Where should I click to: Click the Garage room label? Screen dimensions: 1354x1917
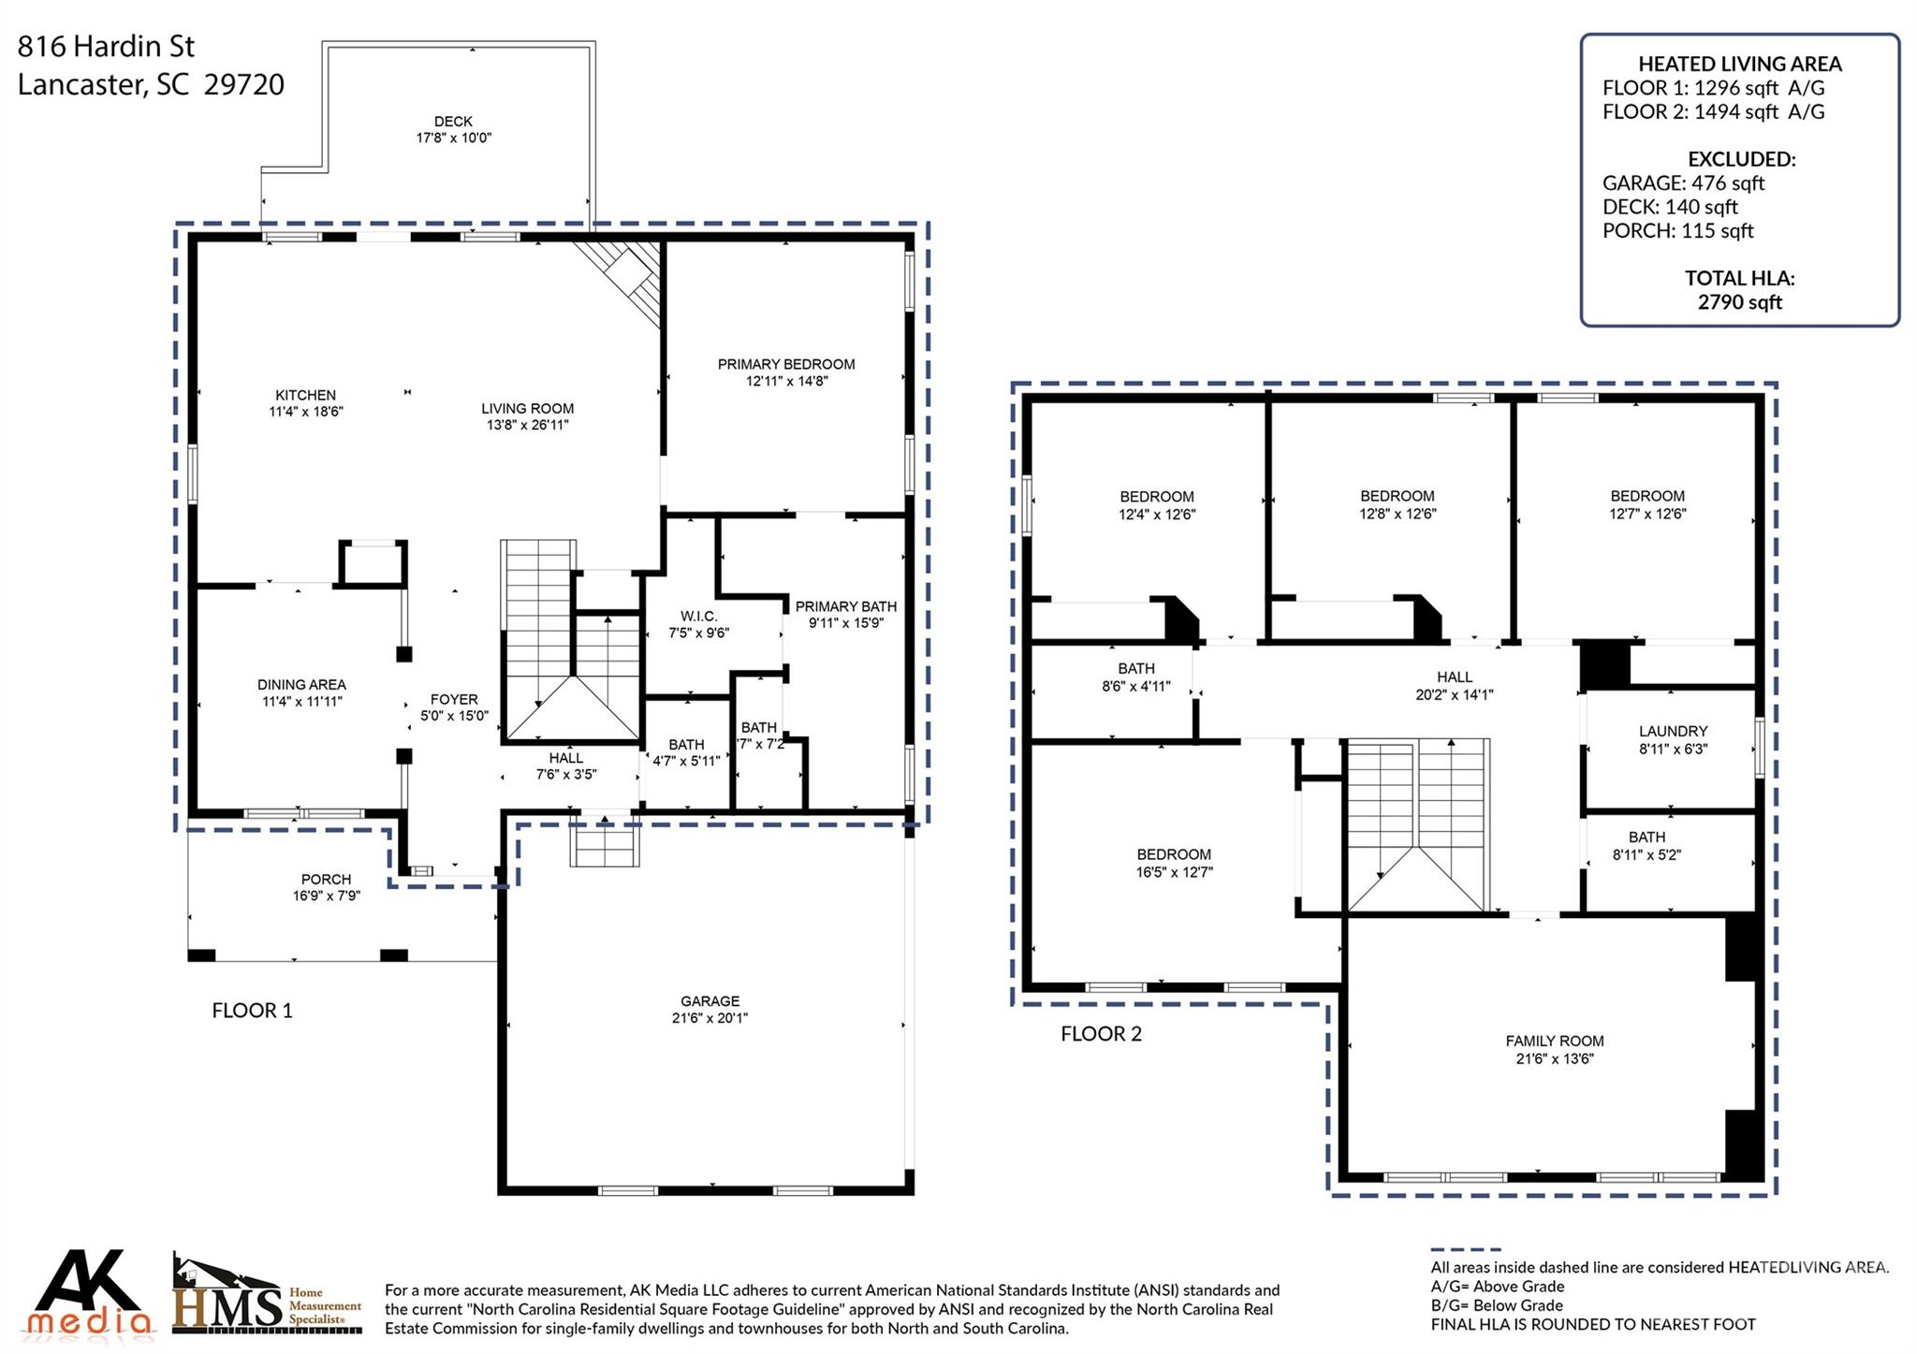(x=710, y=1001)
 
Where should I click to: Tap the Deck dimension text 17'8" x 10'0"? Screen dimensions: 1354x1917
(x=453, y=138)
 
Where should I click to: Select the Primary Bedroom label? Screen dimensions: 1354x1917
(x=785, y=364)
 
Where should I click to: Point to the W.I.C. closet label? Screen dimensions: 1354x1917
(x=698, y=616)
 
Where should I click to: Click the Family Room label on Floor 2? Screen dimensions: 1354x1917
(x=1554, y=1041)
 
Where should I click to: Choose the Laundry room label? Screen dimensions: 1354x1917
(x=1673, y=731)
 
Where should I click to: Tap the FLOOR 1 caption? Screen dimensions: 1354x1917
(x=252, y=1011)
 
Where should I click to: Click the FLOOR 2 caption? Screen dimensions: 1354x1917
(x=1101, y=1034)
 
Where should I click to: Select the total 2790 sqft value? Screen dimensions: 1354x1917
(x=1739, y=302)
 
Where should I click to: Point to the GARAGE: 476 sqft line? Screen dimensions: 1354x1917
(x=1683, y=183)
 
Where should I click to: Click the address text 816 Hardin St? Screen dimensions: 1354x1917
(x=106, y=46)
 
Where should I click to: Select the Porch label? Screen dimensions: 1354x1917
(x=326, y=879)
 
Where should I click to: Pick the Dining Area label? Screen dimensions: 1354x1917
(x=301, y=685)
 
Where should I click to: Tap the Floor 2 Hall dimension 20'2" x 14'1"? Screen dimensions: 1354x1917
(x=1454, y=694)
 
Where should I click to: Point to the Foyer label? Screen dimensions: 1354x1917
(x=454, y=699)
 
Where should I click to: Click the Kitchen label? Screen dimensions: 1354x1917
(x=305, y=395)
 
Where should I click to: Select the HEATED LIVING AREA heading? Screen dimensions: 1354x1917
(x=1739, y=64)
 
